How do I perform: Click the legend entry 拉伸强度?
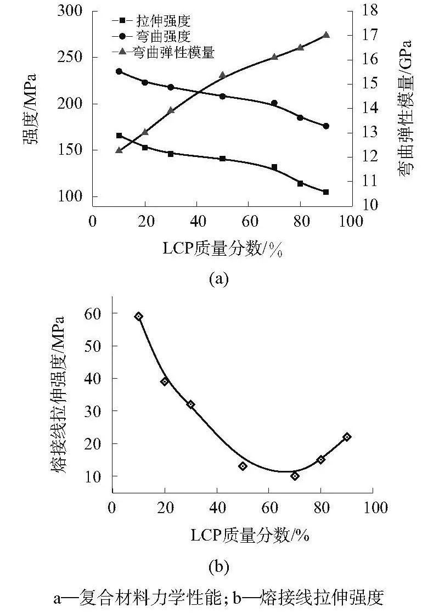pos(159,21)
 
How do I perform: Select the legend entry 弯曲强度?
pos(159,37)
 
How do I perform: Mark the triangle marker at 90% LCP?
pos(326,35)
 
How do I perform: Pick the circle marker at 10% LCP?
pos(119,71)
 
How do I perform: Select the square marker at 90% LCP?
pos(326,192)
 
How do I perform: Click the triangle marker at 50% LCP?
pos(222,75)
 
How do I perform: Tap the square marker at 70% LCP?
pos(274,167)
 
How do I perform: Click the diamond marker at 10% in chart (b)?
pos(139,316)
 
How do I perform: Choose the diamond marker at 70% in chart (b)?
pos(295,476)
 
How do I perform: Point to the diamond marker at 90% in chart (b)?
pos(347,437)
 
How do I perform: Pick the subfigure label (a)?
pos(218,279)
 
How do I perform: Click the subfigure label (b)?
pos(218,564)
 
